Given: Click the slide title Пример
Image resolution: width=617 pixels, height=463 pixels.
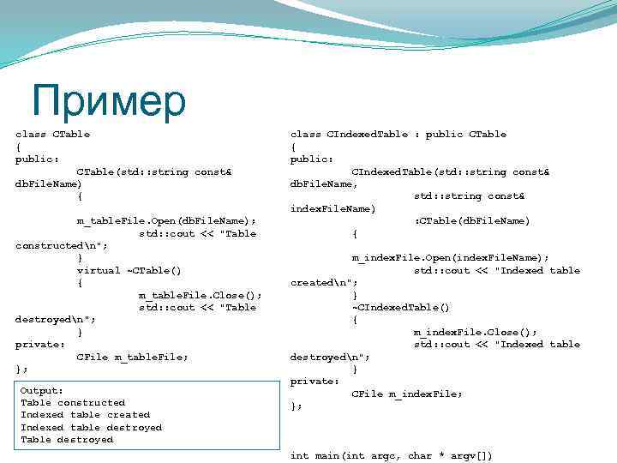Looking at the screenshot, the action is pos(108,100).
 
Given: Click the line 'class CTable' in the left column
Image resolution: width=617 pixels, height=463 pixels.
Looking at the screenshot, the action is pos(52,134).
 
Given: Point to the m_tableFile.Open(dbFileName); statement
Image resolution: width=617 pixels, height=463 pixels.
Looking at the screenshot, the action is pos(166,221).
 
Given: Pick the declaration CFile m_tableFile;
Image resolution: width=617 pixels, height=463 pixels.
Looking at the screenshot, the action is pos(132,357).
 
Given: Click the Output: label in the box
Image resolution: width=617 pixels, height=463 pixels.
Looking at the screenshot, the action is pos(42,390).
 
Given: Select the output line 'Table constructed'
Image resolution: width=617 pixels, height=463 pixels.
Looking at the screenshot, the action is pos(73,402).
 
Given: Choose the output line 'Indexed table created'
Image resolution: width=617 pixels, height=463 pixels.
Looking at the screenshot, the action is pos(85,415).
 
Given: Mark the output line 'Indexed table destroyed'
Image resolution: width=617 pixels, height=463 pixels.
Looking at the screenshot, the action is pos(91,427).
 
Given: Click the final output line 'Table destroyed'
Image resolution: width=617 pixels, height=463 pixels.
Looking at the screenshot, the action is pos(67,440).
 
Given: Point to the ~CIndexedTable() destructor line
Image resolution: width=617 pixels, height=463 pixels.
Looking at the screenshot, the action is pos(400,307).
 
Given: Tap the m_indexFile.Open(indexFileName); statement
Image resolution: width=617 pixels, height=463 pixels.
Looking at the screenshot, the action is pos(450,257).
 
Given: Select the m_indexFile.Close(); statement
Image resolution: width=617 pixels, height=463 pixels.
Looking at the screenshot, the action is pos(476,332).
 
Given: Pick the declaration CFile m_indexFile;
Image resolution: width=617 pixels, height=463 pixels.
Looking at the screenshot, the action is pos(407,394).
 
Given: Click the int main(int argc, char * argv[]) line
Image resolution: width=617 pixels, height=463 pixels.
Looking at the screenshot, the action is pos(392,455).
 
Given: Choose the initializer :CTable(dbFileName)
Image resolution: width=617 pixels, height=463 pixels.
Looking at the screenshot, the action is pos(472,221).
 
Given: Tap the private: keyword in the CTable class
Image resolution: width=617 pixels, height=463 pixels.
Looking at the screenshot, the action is pos(40,344).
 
